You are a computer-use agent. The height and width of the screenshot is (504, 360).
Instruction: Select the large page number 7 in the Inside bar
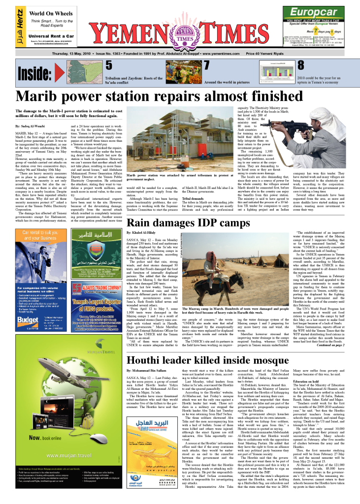pos(207,65)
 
